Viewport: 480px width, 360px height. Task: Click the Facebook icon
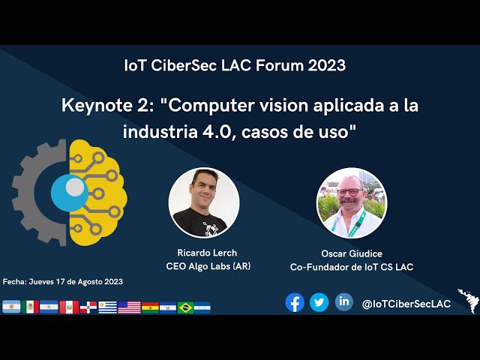point(295,302)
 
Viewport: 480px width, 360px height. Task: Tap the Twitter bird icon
point(319,302)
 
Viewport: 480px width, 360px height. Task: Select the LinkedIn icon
point(343,301)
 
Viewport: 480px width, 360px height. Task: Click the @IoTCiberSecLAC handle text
point(406,303)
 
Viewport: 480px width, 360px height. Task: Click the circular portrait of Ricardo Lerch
point(204,202)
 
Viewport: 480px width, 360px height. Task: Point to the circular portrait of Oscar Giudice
point(352,202)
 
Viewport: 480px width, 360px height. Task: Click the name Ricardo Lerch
point(207,253)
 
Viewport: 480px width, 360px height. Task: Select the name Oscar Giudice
point(352,253)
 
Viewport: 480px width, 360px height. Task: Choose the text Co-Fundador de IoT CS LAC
point(352,267)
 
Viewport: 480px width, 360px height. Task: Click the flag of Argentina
point(11,307)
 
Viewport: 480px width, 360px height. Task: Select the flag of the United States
point(129,307)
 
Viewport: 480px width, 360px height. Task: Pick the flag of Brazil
point(185,307)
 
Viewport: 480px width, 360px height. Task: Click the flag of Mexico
point(31,307)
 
